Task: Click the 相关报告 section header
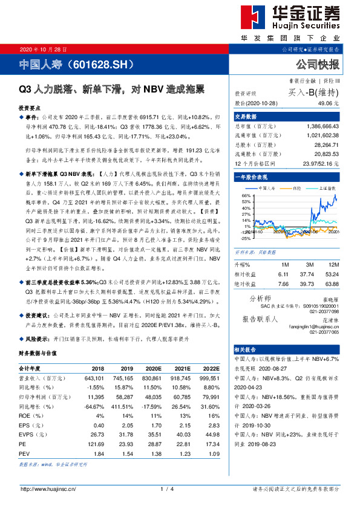click(x=245, y=349)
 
